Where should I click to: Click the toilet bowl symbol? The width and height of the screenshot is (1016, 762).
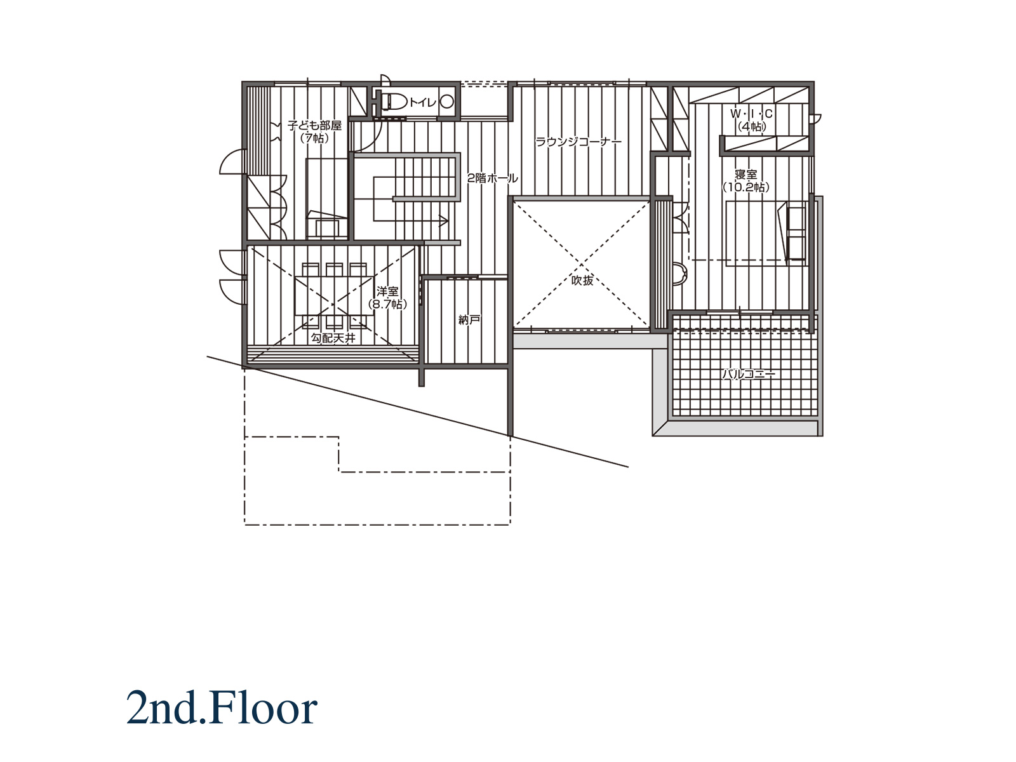click(394, 102)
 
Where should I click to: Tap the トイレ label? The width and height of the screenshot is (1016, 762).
click(423, 103)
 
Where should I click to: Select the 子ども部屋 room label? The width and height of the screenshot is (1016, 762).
click(314, 125)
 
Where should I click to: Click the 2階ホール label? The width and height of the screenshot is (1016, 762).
click(492, 178)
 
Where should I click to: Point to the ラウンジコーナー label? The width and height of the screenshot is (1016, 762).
click(578, 142)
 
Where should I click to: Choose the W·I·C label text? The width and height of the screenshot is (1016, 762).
click(751, 114)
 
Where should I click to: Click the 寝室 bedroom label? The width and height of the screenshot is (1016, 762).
click(745, 175)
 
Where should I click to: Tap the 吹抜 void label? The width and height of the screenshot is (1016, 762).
click(582, 280)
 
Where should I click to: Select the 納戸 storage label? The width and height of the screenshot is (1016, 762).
click(469, 319)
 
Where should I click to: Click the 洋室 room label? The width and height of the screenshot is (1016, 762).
click(387, 291)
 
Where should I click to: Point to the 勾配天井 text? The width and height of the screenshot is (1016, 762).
click(333, 338)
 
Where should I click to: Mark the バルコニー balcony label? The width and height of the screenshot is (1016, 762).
click(749, 374)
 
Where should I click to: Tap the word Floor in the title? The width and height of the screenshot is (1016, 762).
click(263, 708)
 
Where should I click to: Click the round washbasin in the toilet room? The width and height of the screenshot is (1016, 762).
click(446, 102)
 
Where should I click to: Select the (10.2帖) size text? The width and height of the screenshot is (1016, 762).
click(745, 187)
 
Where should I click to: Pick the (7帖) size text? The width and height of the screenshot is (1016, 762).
click(314, 138)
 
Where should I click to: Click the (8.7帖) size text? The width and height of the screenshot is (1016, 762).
click(387, 304)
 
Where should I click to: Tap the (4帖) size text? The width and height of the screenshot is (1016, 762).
click(752, 126)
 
